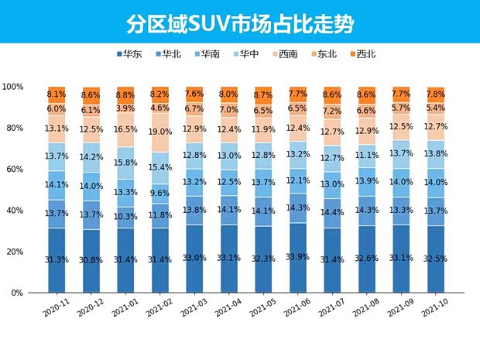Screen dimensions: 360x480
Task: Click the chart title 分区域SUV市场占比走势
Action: (240, 24)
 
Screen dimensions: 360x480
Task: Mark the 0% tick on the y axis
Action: (17, 293)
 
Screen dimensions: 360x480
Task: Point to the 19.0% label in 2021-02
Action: (159, 132)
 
